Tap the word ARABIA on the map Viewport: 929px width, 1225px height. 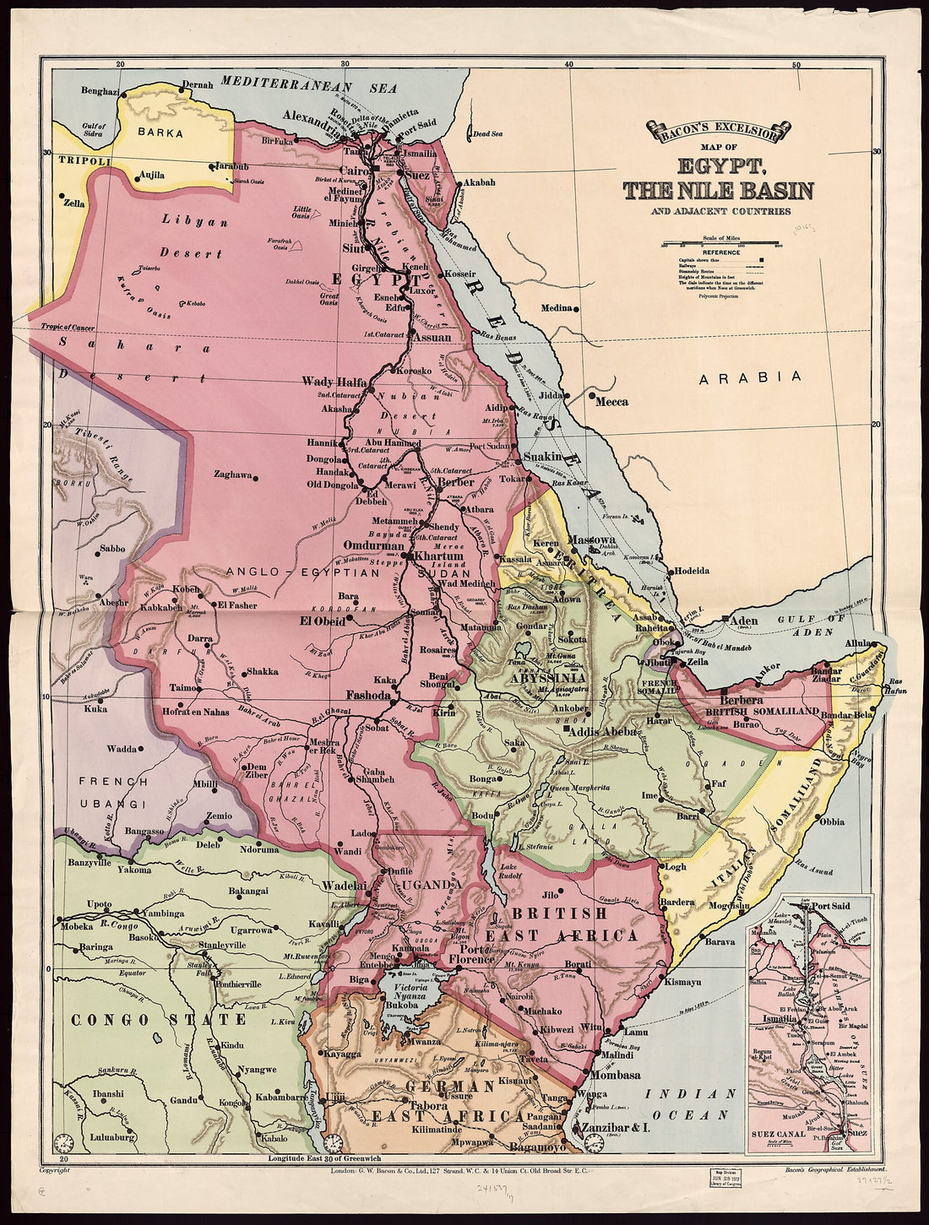click(751, 378)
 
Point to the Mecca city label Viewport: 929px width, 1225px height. click(612, 402)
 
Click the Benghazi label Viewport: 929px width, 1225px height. click(100, 90)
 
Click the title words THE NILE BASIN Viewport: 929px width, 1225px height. click(719, 191)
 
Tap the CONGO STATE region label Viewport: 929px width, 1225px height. click(160, 1020)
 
